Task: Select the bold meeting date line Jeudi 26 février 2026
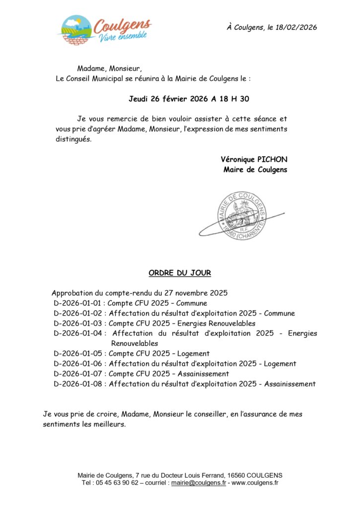[x=189, y=99]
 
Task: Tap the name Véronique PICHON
[x=254, y=159]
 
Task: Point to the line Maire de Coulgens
[x=255, y=170]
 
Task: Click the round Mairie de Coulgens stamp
[x=242, y=216]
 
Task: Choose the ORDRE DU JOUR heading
[x=180, y=273]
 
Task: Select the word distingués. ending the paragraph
[x=73, y=139]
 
